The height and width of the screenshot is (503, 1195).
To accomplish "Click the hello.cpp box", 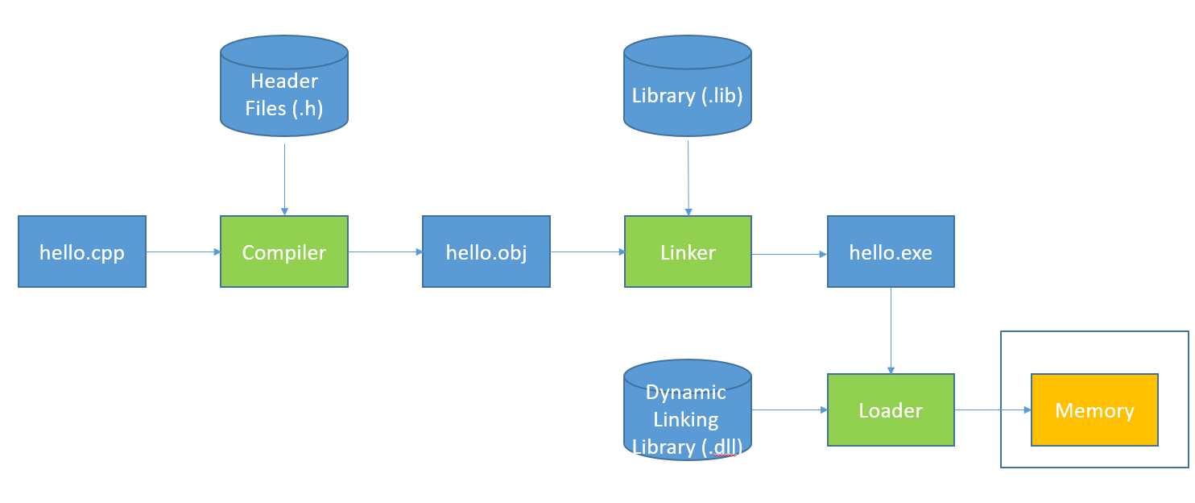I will tap(82, 251).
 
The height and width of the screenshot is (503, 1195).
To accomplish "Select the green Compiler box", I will tap(284, 251).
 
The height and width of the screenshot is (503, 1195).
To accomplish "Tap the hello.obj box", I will tap(486, 251).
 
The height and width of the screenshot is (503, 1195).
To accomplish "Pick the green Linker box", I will tap(688, 251).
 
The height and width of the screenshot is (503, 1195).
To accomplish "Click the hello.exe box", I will tap(891, 251).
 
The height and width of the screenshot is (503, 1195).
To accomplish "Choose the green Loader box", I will tap(891, 409).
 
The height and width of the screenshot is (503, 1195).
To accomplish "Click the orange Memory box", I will tap(1094, 409).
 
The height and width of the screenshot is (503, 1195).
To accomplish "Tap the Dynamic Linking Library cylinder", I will tap(688, 411).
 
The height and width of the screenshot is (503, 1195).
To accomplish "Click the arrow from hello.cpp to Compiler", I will tap(184, 251).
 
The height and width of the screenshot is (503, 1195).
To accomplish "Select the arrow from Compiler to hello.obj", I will tap(385, 251).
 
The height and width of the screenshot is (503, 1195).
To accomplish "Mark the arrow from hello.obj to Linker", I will tap(588, 251).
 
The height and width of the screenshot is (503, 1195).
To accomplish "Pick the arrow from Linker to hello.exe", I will tap(789, 254).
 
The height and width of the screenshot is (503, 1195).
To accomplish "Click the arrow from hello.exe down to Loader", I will tap(891, 330).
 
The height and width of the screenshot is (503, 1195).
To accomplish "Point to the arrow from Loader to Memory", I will tap(993, 409).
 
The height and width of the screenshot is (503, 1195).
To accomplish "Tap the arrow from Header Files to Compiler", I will tap(284, 177).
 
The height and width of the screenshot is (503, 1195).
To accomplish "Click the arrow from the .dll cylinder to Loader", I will tap(789, 409).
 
